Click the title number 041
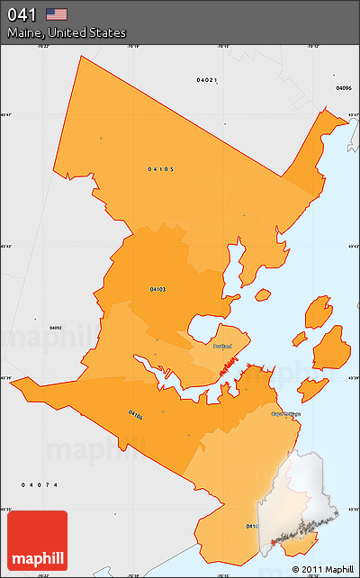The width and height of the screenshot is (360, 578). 22,14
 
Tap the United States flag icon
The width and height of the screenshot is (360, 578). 57,14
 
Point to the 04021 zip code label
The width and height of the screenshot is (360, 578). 207,80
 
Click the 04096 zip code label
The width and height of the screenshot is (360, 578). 343,88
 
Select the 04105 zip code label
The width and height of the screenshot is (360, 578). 161,168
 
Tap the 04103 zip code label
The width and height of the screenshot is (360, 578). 157,289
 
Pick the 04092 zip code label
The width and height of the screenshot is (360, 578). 55,328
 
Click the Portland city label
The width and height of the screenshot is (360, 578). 222,346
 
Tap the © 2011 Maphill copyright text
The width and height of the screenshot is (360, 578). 322,569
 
